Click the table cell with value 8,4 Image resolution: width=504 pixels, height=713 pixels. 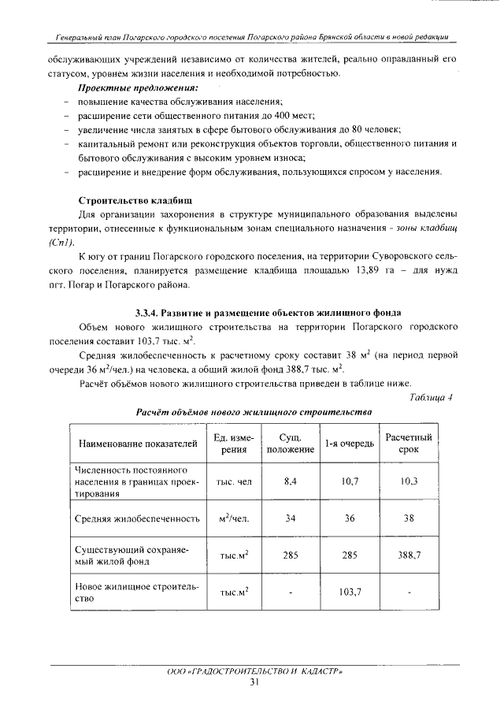290,481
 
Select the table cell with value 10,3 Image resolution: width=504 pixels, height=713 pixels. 408,481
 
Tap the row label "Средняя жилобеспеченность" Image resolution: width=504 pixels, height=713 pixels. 135,518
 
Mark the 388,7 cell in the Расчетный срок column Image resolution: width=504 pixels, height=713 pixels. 409,555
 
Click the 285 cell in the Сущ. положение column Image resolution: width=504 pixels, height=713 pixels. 290,555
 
